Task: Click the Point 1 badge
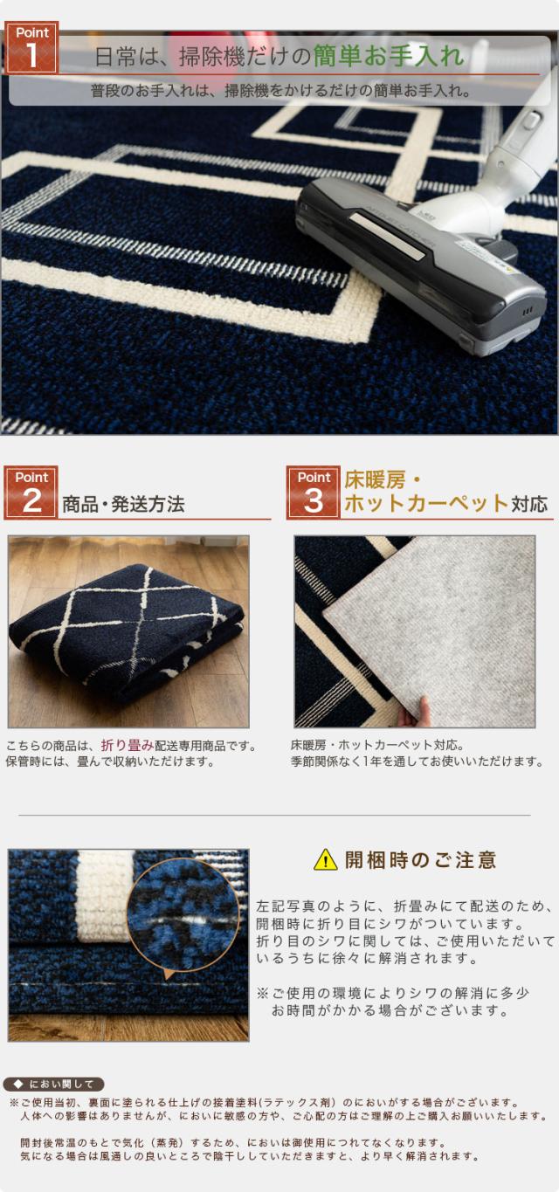tap(32, 47)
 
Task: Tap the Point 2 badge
tap(31, 493)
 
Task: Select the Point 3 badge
tap(313, 493)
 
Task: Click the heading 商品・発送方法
tap(123, 504)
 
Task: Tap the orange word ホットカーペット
tap(426, 503)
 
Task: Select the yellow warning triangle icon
tap(325, 859)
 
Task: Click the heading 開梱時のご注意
tap(421, 860)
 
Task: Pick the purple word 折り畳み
tap(128, 746)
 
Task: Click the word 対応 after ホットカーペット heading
tap(529, 504)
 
